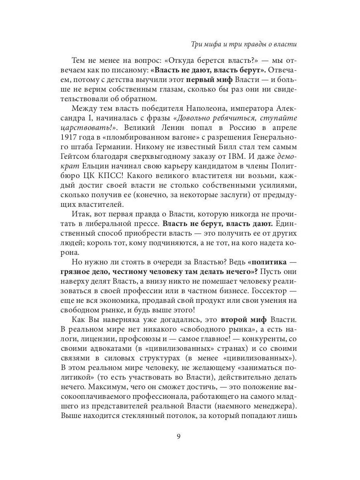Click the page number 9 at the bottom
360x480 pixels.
point(179,436)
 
